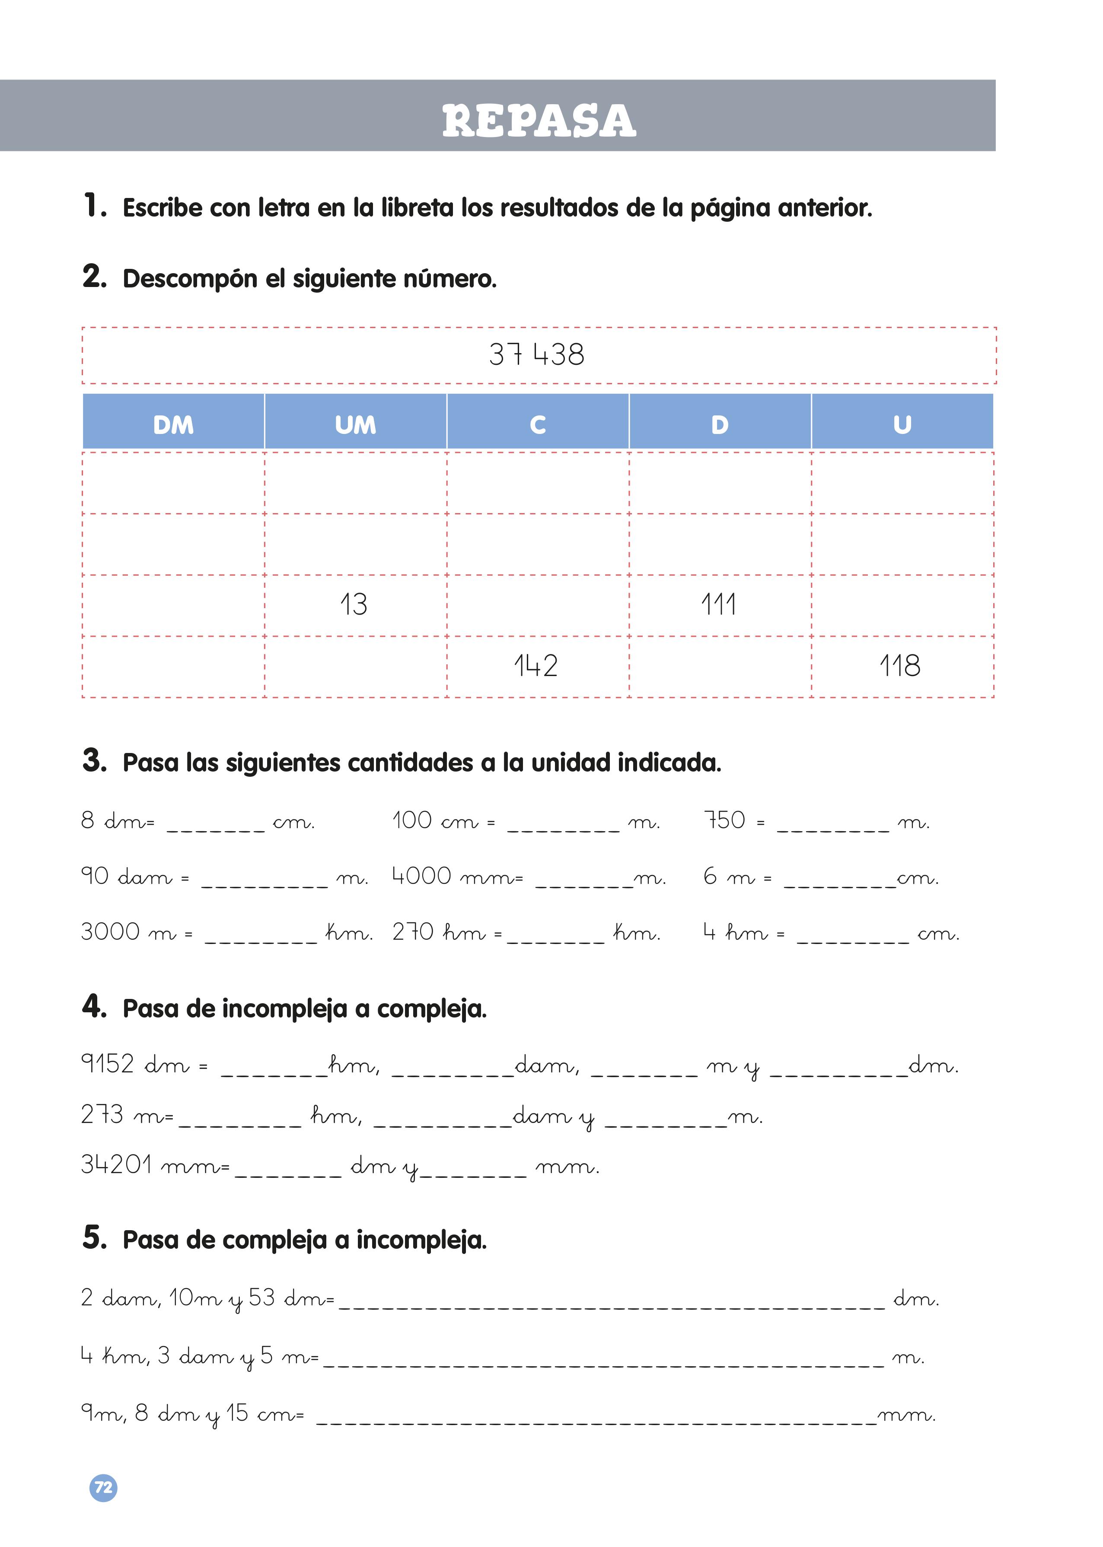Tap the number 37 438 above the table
pos(536,354)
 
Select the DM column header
pos(173,425)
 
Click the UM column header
pos(355,425)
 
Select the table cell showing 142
pos(536,666)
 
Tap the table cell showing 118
pos(901,666)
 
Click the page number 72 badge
pos(103,1488)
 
